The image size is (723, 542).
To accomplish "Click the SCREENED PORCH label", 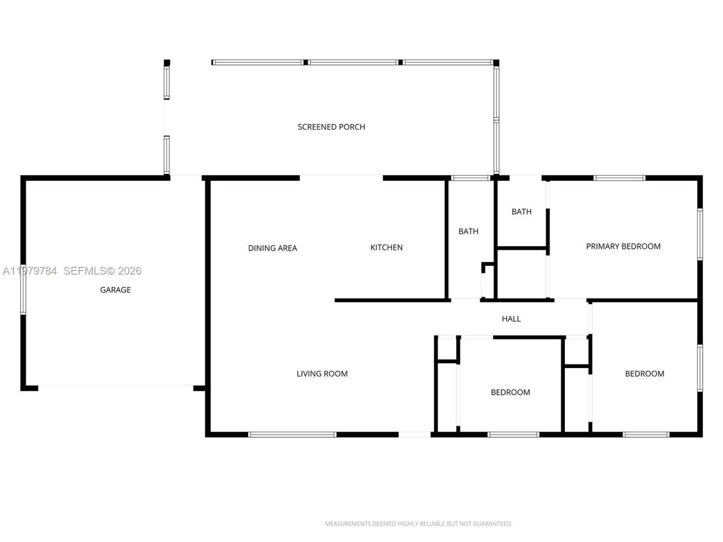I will [x=331, y=127].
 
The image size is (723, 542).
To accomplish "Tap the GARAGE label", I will [x=115, y=290].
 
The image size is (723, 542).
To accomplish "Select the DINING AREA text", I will [x=272, y=248].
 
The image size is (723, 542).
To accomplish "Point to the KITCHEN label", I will [x=386, y=247].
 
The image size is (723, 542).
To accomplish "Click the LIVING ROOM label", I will [x=322, y=373].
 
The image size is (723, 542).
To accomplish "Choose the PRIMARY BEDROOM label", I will [x=623, y=246].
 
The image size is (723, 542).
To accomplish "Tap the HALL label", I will [x=511, y=318].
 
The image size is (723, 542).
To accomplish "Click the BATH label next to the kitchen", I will [x=468, y=231].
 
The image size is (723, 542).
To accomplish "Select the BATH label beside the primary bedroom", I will [x=521, y=212].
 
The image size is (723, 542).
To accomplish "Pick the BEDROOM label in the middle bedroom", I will [x=510, y=392].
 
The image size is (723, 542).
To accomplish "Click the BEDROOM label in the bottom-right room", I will [x=644, y=373].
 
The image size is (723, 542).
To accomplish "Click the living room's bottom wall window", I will [x=292, y=434].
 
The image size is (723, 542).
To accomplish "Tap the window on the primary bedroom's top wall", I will [x=619, y=178].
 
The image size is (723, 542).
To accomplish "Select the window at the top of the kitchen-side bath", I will [x=471, y=178].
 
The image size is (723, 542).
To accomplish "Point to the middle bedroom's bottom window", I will [x=513, y=434].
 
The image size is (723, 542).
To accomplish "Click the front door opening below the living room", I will [x=415, y=434].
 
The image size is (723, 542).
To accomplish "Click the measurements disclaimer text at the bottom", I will [x=419, y=524].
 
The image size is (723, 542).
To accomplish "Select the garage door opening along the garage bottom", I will [x=116, y=387].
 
